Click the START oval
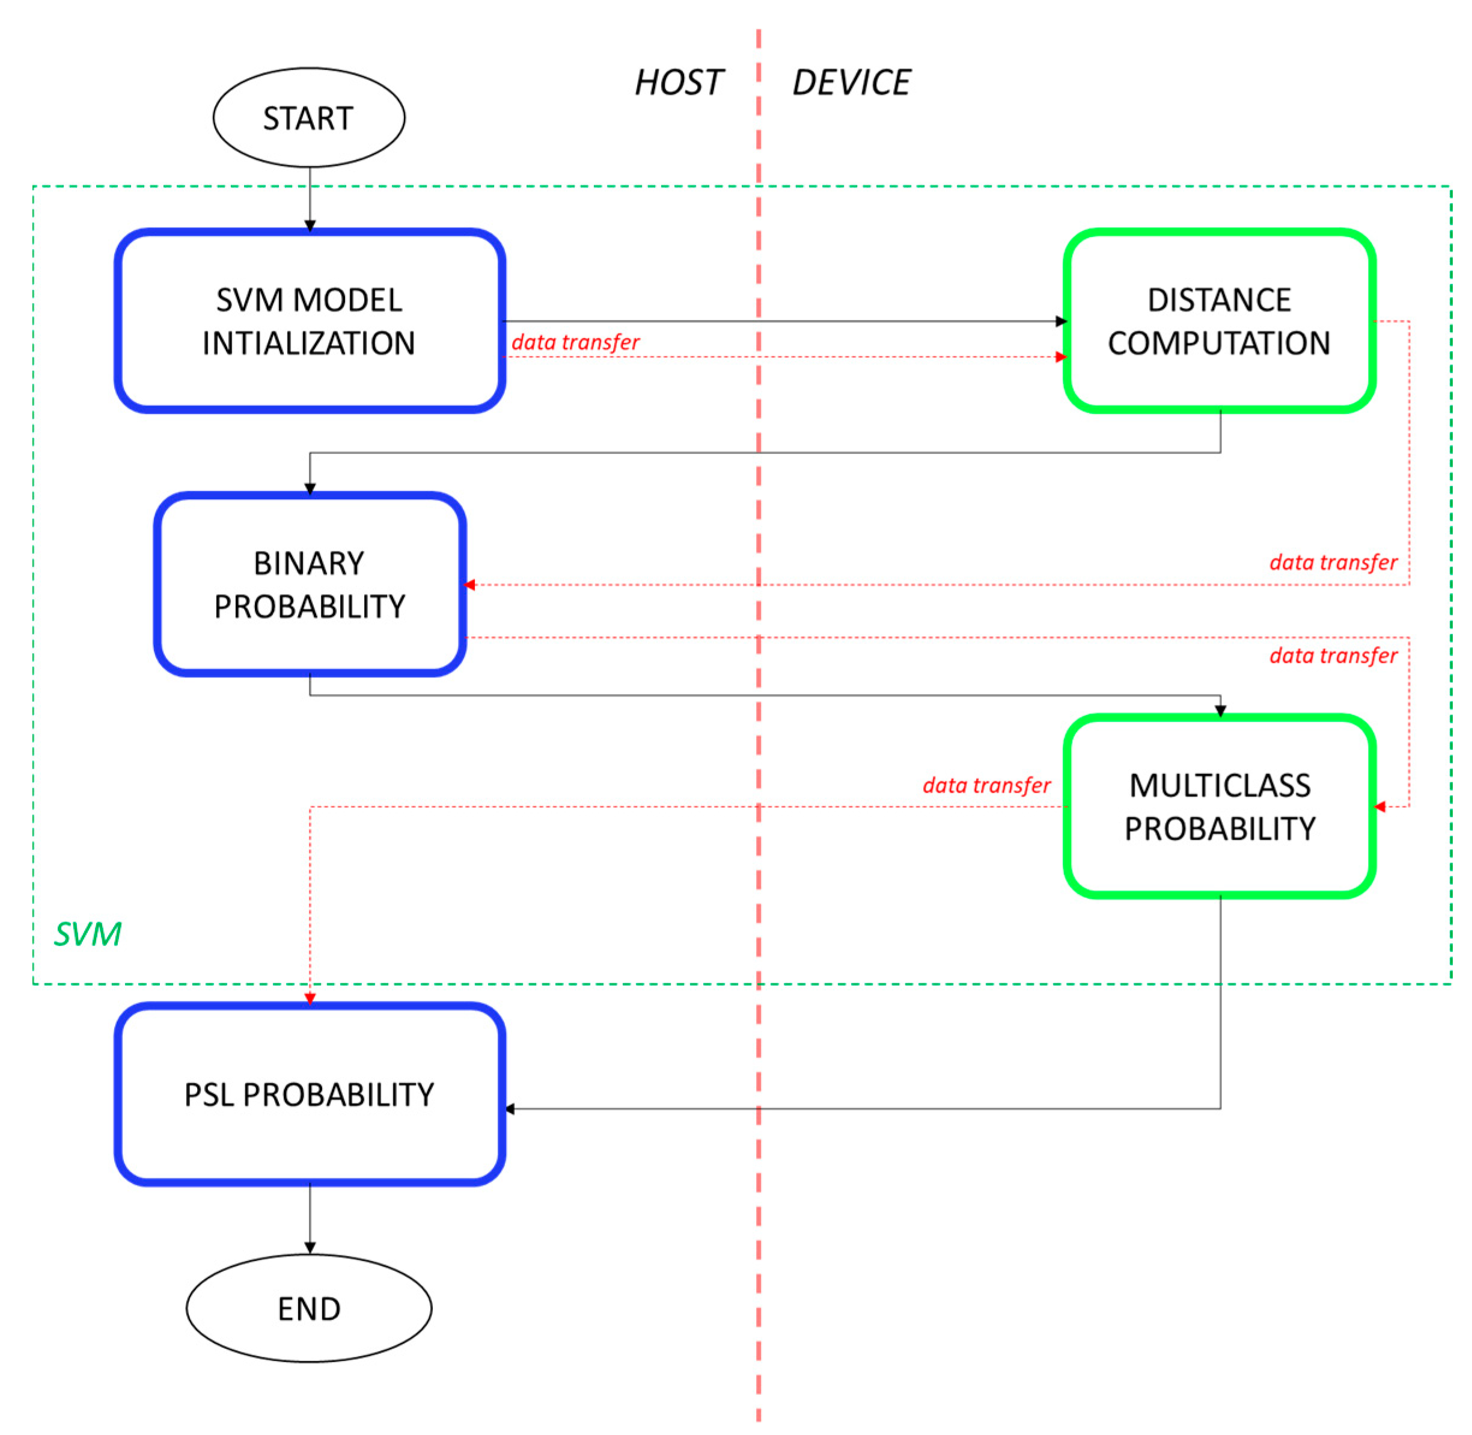pos(309,117)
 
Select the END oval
pos(309,1308)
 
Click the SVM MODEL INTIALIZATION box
pos(309,321)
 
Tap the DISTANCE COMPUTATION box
pos(1219,321)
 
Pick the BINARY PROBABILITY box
pos(309,584)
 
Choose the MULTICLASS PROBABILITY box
pos(1219,807)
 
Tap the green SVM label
pos(87,935)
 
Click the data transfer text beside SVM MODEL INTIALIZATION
pos(576,342)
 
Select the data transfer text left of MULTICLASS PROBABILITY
pos(986,785)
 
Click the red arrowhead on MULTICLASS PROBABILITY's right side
pos(1379,807)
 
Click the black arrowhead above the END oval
pos(310,1248)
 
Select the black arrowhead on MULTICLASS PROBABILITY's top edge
pos(1220,711)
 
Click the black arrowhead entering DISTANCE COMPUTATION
pos(1061,321)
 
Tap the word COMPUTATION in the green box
pos(1219,343)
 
